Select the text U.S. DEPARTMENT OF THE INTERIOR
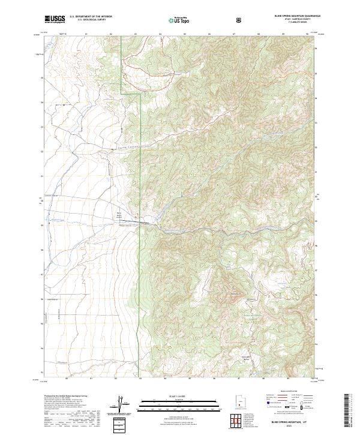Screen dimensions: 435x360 90,16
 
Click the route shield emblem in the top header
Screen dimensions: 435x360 241,19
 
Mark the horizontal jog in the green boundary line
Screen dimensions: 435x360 130,93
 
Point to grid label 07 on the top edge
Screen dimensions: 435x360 233,35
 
